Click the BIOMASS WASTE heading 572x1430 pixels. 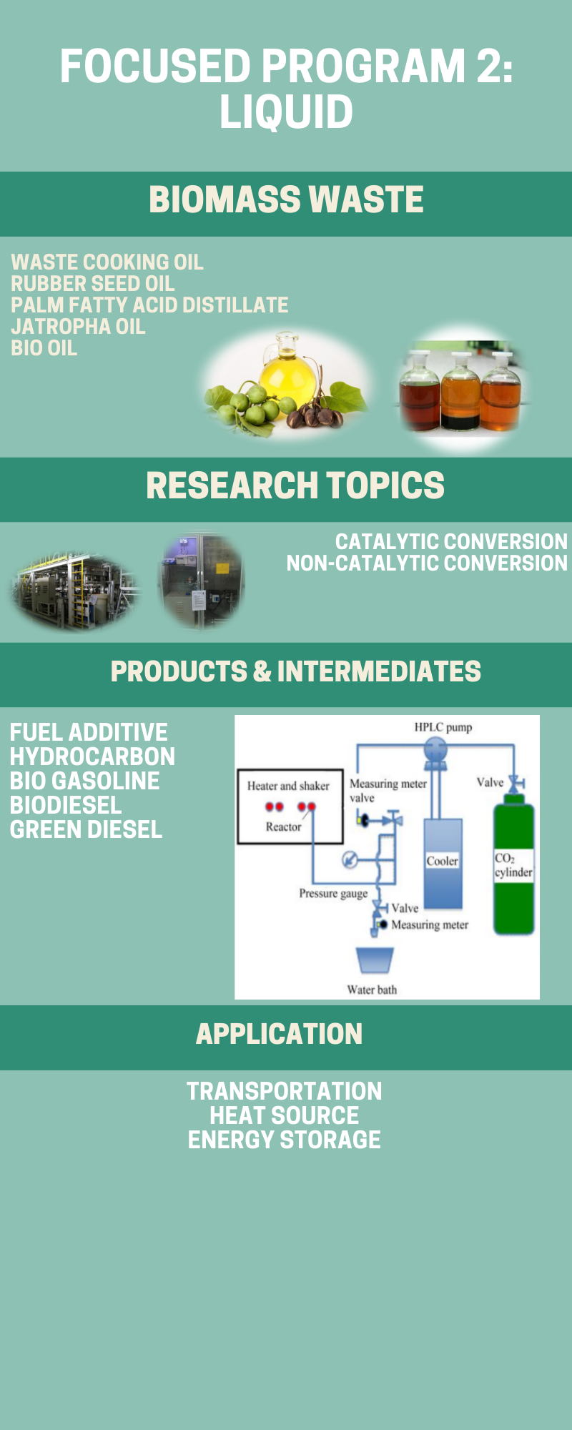pyautogui.click(x=286, y=199)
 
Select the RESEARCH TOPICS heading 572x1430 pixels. pyautogui.click(x=295, y=485)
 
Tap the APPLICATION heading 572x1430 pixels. pyautogui.click(x=280, y=1034)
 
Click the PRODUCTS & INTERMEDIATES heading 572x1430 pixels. pyautogui.click(x=296, y=671)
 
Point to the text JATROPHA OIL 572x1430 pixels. pyautogui.click(x=78, y=327)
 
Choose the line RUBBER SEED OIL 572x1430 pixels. pyautogui.click(x=93, y=284)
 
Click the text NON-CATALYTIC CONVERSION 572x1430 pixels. pyautogui.click(x=427, y=563)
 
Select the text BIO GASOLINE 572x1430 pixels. pyautogui.click(x=85, y=781)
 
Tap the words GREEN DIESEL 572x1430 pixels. pyautogui.click(x=87, y=829)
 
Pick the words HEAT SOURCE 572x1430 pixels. pyautogui.click(x=285, y=1115)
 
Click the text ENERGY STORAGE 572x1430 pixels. pyautogui.click(x=285, y=1140)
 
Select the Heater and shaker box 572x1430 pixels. pyautogui.click(x=290, y=807)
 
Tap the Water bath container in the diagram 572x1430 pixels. pyautogui.click(x=375, y=960)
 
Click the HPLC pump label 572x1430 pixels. pyautogui.click(x=443, y=727)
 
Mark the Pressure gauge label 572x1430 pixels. pyautogui.click(x=333, y=894)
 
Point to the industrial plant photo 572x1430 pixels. pyautogui.click(x=74, y=590)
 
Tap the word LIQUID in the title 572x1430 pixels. pyautogui.click(x=286, y=112)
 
